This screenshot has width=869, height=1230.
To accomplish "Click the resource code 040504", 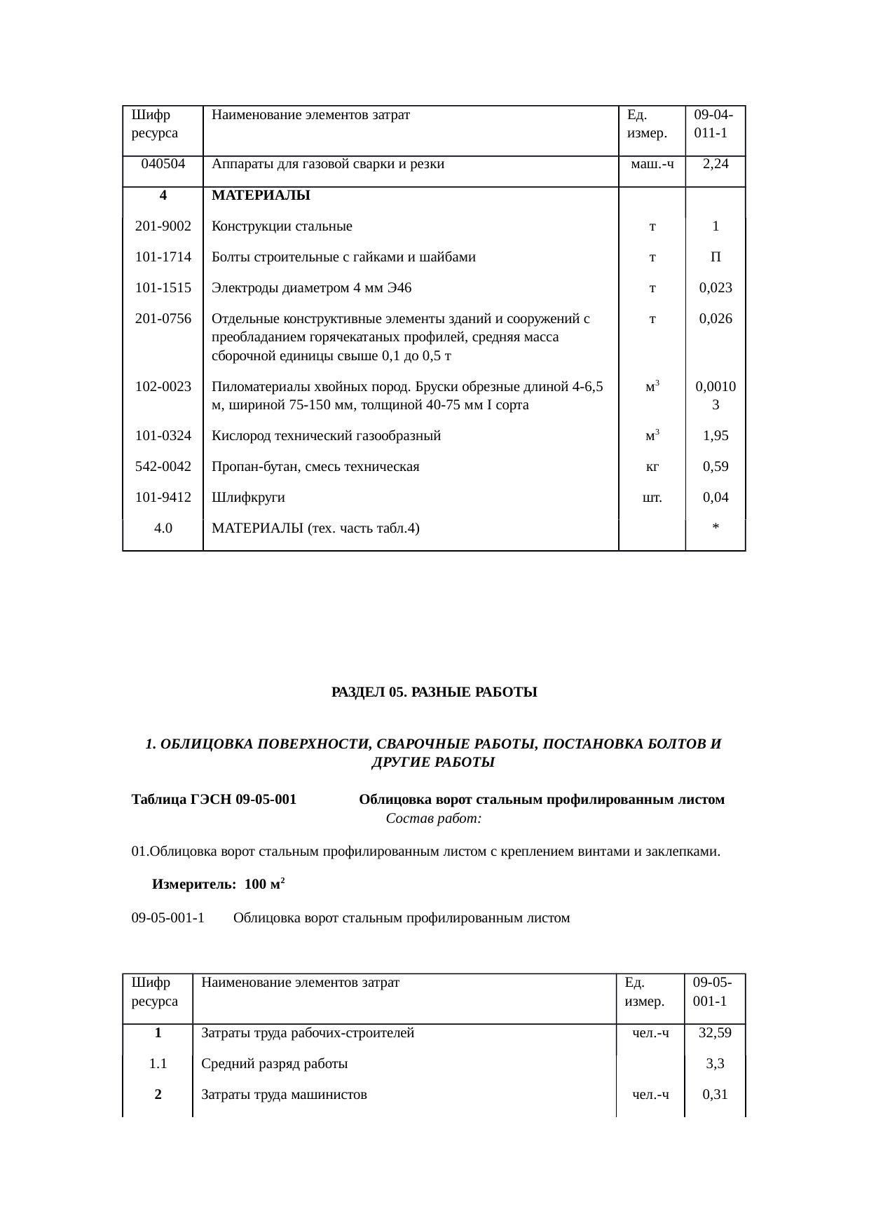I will coord(163,164).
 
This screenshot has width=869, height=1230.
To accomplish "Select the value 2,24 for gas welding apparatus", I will coord(715,164).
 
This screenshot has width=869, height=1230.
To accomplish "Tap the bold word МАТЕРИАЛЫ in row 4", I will coord(261,196).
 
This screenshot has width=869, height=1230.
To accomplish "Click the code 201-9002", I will coord(163,226).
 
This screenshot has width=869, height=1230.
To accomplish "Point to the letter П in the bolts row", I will coord(715,257).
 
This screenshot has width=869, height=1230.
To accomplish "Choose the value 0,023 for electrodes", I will coord(715,288).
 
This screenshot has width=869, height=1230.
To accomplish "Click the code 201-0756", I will coord(163,319).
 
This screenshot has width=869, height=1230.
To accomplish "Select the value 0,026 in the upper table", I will coord(715,319).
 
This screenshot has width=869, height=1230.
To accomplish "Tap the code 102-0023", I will coord(163,386).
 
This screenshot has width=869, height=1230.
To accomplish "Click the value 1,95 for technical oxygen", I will coord(715,436).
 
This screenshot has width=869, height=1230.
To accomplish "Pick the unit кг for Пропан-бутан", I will coord(652,467).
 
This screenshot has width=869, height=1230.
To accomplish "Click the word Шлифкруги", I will coord(248,498).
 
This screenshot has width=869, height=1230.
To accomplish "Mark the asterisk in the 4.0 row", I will coord(715,529).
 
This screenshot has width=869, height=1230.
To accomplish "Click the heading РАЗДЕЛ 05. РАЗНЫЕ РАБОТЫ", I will coord(434,692).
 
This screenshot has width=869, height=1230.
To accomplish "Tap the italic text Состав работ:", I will coord(433,819).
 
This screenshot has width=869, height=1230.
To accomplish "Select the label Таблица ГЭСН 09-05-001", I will coord(214,800).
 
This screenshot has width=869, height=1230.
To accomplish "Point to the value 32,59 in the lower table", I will coord(715,1032).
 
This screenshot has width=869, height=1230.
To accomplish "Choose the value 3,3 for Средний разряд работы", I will coord(715,1063).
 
